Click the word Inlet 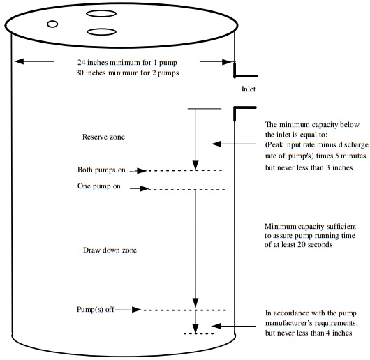[x=249, y=89]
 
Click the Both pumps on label [x=101, y=170]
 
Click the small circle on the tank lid [x=52, y=24]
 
